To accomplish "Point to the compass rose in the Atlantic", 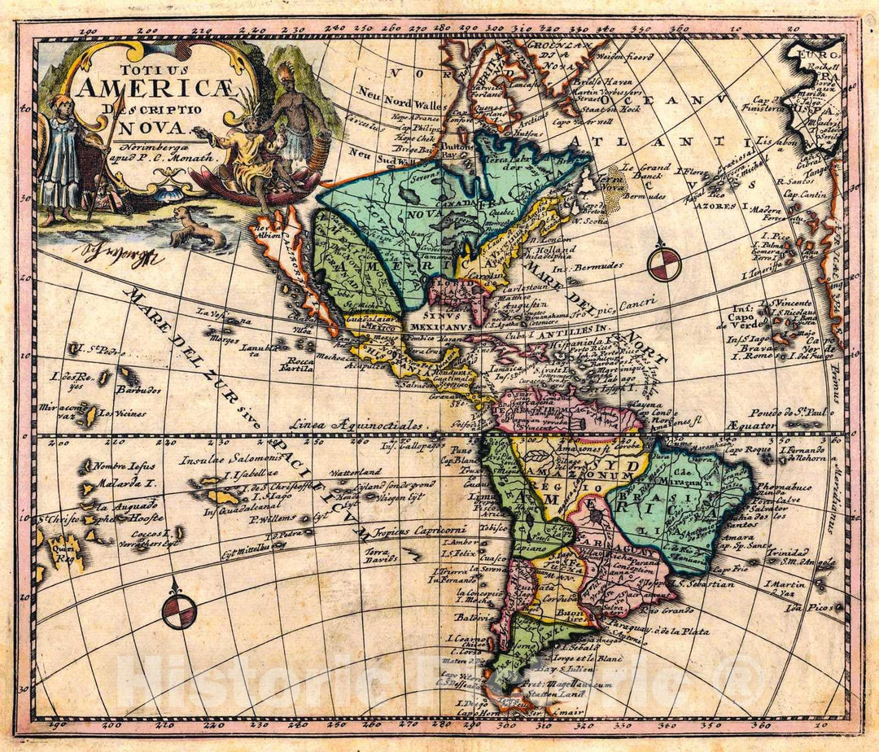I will (664, 264).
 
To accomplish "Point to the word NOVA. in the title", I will (144, 127).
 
